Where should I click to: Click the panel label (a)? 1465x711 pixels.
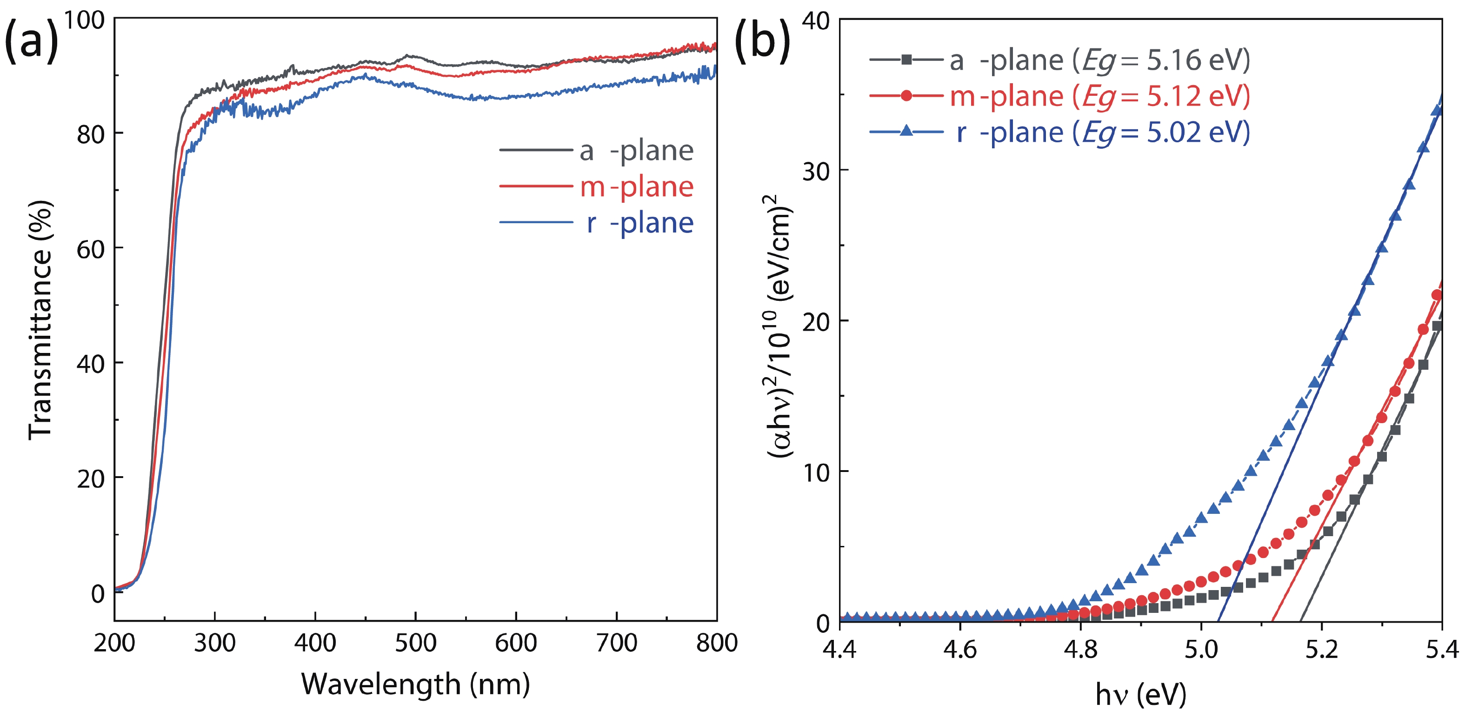point(31,40)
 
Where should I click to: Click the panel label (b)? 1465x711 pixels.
point(762,40)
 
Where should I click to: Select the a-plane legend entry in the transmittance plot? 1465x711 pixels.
point(636,151)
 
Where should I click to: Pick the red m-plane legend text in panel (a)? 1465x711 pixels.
point(636,187)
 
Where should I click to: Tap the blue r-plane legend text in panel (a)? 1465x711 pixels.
point(640,223)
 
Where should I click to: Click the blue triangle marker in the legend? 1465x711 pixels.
point(906,132)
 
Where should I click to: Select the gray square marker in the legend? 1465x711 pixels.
point(906,59)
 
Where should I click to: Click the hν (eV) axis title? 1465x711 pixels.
point(1140,694)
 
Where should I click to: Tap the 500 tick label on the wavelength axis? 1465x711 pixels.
point(415,643)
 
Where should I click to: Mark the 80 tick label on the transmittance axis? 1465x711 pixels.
point(91,135)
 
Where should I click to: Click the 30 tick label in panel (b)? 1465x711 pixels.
point(816,171)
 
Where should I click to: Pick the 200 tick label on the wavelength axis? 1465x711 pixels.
point(114,643)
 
